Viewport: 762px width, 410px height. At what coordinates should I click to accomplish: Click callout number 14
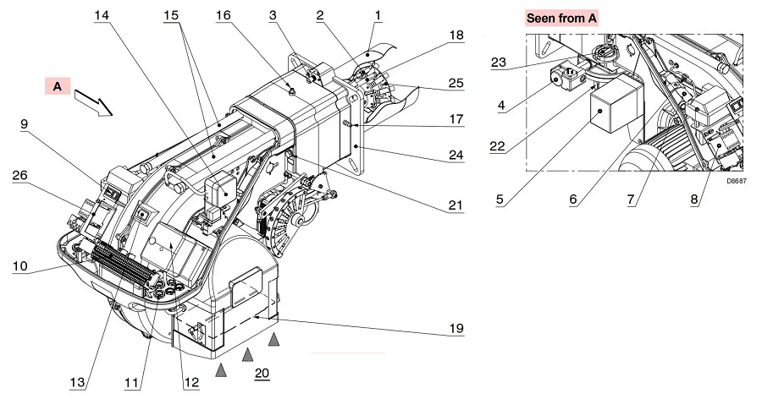[x=102, y=16]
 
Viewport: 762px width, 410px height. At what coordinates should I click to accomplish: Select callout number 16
[x=224, y=16]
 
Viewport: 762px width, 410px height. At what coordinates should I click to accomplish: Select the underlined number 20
[x=262, y=373]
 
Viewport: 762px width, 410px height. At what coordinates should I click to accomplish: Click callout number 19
[x=456, y=327]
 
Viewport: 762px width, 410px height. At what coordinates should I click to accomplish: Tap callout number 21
[x=456, y=205]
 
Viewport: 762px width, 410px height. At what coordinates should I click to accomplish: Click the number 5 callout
[x=500, y=200]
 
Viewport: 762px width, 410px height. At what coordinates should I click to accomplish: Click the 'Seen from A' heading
[x=562, y=17]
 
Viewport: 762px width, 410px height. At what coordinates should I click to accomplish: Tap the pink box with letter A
[x=58, y=86]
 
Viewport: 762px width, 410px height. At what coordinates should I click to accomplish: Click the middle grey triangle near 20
[x=247, y=355]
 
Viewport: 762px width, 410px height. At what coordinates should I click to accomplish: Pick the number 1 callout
[x=378, y=14]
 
